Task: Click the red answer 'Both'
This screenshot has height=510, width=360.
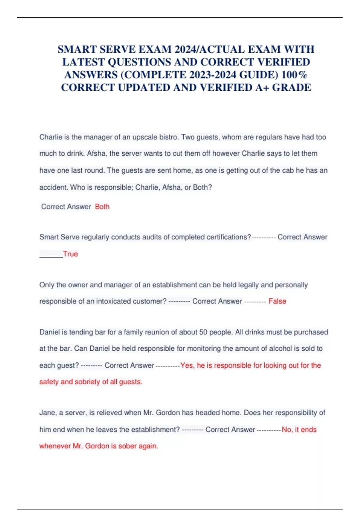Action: pos(102,207)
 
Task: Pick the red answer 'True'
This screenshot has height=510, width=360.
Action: pos(70,254)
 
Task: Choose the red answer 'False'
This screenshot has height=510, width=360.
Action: pos(277,301)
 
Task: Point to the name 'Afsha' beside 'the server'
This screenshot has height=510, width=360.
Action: pos(96,154)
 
